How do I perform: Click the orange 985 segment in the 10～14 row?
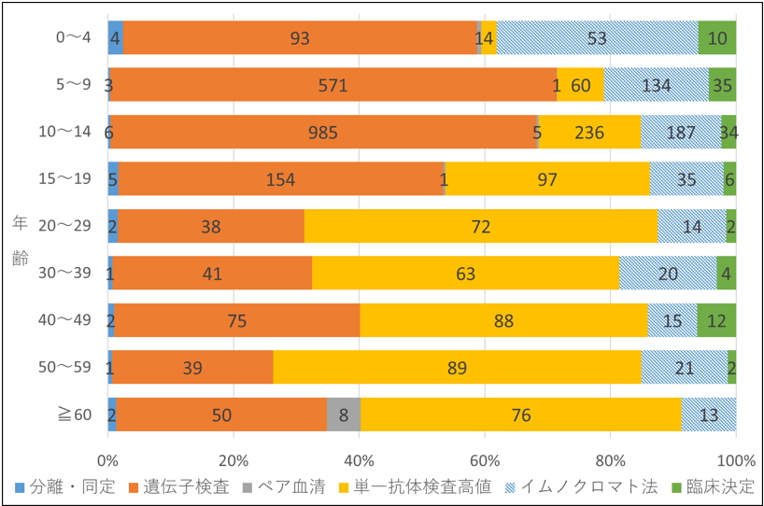[x=323, y=132]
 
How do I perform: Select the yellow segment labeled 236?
[x=589, y=132]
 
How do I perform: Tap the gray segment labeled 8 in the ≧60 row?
[x=344, y=415]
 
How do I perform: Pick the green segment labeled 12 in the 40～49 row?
[x=716, y=320]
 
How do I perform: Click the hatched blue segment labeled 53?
[x=598, y=37]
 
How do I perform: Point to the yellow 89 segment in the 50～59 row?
[x=457, y=367]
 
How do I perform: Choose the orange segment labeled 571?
[x=332, y=85]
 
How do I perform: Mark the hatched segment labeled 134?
[x=656, y=85]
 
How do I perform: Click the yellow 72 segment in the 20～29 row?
[x=481, y=226]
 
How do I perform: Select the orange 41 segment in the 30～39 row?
[x=211, y=274]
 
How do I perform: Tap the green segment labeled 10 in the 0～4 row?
[x=717, y=37]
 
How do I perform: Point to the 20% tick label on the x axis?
[x=233, y=460]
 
